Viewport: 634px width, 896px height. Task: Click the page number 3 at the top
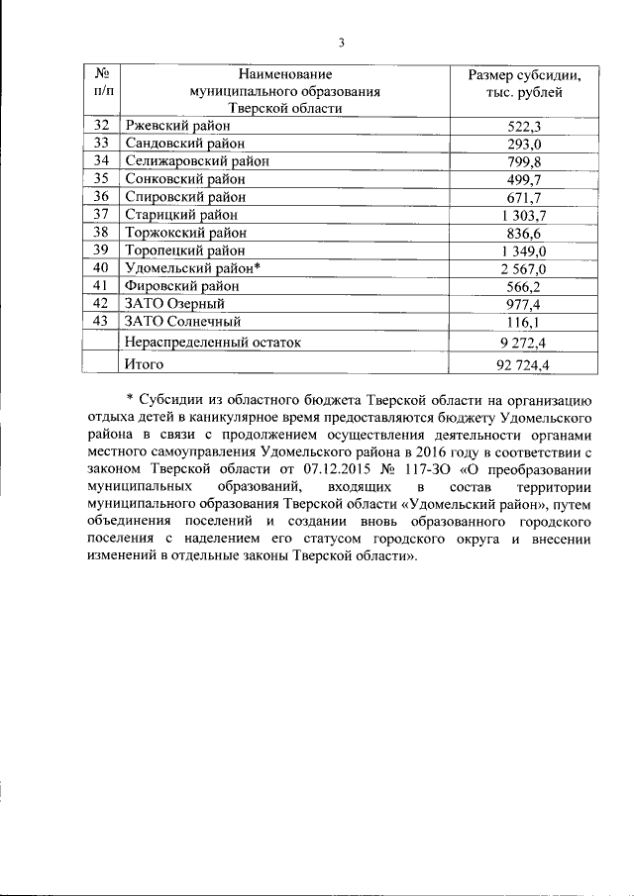coord(341,42)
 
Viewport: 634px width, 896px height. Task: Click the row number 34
coord(100,161)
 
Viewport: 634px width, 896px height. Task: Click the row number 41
coord(100,286)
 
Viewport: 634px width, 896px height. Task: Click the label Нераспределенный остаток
coord(212,343)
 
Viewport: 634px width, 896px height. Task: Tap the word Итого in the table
coord(146,365)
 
